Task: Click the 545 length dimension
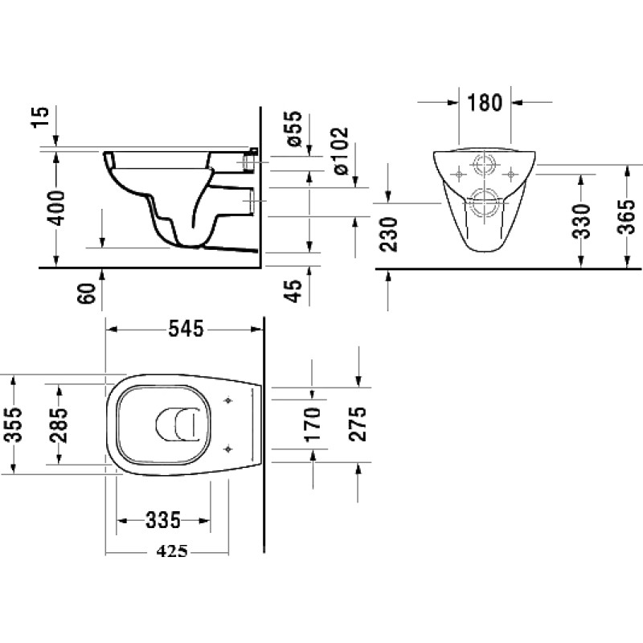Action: [186, 329]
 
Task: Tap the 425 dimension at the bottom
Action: [172, 551]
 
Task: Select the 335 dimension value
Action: [163, 520]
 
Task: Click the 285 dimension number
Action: [59, 425]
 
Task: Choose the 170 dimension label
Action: [313, 424]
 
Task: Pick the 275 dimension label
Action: [358, 424]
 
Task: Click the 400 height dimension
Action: [55, 208]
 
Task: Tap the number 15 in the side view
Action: [41, 117]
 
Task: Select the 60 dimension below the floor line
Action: [87, 293]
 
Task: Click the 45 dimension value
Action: [293, 291]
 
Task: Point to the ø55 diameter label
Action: [294, 129]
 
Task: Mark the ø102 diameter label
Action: [341, 151]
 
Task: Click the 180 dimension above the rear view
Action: [485, 103]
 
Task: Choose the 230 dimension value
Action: [389, 235]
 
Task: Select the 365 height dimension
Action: [626, 216]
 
